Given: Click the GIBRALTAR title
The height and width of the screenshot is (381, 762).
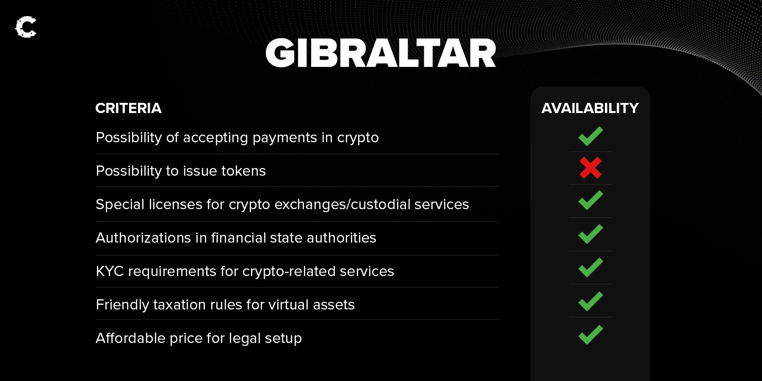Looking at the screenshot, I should [x=381, y=53].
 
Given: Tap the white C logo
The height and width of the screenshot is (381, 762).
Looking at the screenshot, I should [x=26, y=27].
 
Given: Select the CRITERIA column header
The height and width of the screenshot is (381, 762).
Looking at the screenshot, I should [x=128, y=108].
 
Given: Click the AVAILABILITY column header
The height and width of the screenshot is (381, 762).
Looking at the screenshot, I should [x=590, y=108].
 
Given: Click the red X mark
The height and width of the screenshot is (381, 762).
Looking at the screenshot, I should [x=590, y=168].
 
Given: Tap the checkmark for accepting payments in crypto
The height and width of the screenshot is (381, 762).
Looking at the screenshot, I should [x=590, y=136].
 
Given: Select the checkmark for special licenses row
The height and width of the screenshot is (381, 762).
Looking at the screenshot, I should [x=590, y=200].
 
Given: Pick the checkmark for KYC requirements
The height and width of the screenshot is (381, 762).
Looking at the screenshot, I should [x=590, y=268].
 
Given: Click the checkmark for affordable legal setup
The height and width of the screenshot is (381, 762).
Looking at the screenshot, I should [x=590, y=335].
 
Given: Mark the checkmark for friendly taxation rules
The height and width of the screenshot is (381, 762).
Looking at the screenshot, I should [x=590, y=301].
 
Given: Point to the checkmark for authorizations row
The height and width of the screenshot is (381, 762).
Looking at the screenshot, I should [x=590, y=234].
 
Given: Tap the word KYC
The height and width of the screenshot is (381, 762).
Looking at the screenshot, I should [x=110, y=271].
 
